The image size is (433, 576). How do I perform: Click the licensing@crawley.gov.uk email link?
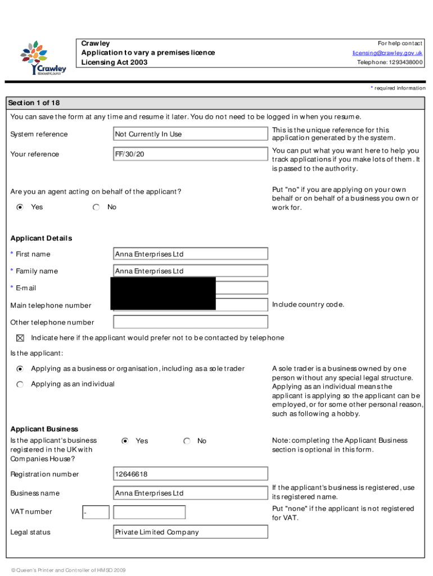387,53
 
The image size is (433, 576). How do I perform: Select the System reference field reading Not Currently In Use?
190,134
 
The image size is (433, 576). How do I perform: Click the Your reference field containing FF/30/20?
190,154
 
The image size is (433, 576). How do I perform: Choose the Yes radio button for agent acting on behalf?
20,208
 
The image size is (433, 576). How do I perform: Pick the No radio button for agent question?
97,208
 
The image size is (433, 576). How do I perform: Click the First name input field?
190,254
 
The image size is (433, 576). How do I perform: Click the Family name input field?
190,271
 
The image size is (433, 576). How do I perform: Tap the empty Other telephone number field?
190,322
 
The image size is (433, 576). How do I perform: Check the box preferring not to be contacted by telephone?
20,338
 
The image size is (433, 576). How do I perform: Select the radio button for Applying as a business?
20,369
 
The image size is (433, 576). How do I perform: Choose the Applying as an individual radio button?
20,384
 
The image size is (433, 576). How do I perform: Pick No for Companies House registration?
187,441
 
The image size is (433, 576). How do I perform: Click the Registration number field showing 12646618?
190,475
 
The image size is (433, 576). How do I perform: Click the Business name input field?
190,493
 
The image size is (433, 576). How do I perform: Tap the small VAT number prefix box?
95,512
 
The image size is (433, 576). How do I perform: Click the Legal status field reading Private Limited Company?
190,532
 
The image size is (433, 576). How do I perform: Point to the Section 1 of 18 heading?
34,103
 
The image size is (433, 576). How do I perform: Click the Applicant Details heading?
41,238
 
